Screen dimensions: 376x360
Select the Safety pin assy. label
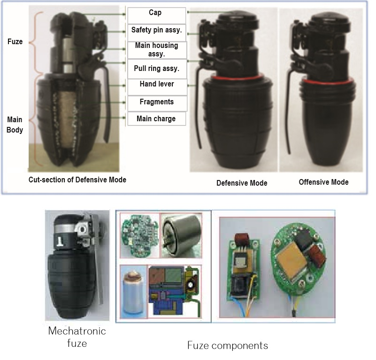click(156, 31)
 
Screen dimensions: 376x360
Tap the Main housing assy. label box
click(156, 50)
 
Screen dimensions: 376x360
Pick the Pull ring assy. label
click(156, 69)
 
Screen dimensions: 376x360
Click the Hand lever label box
click(156, 85)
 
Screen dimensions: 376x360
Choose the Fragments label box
click(156, 102)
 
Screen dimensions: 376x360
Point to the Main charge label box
click(156, 118)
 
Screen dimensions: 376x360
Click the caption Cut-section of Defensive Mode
click(77, 180)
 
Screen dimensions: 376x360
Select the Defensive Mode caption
click(242, 183)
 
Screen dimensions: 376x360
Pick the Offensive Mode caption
click(323, 182)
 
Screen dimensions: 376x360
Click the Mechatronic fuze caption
click(77, 337)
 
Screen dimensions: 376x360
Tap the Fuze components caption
click(228, 346)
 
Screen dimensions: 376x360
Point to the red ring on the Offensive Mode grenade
click(322, 82)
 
